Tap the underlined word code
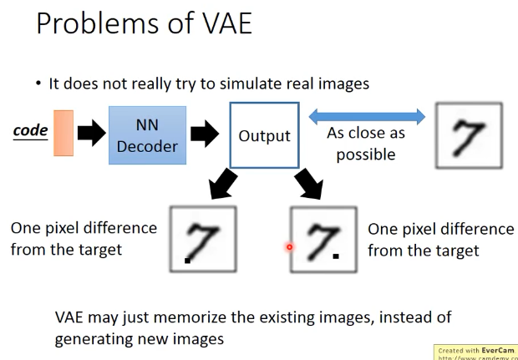tap(29, 133)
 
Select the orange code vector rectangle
tap(63, 133)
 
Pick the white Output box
tap(264, 134)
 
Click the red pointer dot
tap(289, 246)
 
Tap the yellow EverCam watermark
tap(475, 350)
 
